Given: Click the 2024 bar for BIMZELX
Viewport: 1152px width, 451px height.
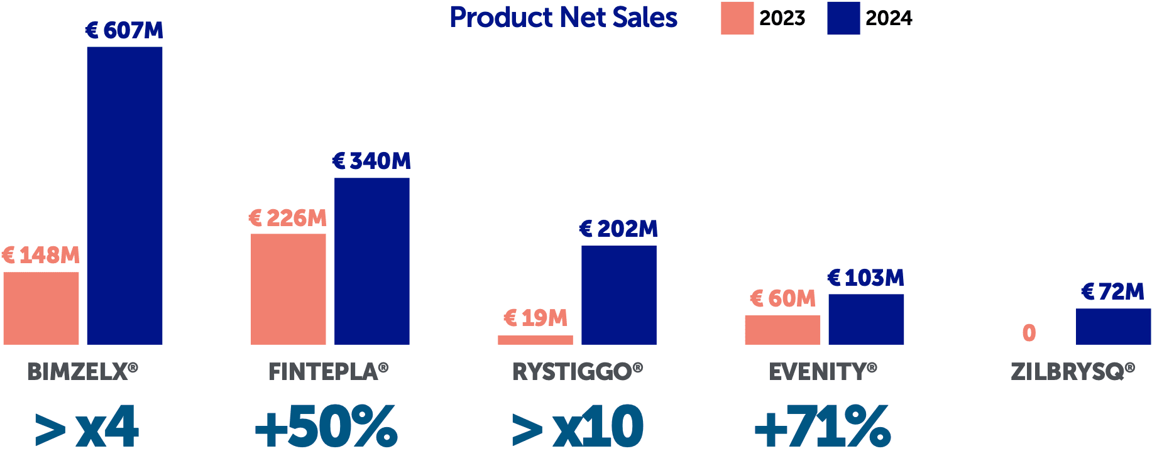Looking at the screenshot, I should click(x=124, y=195).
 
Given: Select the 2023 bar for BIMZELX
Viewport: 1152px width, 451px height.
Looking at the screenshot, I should click(x=41, y=308).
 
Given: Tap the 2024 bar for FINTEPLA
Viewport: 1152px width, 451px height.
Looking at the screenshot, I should click(x=371, y=261).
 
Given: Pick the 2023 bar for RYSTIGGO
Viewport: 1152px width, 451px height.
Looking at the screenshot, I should click(x=535, y=340).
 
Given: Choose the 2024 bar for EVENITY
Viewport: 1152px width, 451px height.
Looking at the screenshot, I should click(x=866, y=319).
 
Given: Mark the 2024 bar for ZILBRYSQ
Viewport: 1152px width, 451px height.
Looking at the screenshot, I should click(x=1113, y=326).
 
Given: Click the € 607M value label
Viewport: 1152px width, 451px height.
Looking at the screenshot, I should click(x=124, y=30).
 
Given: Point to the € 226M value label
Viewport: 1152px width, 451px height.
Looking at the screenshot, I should click(x=288, y=218).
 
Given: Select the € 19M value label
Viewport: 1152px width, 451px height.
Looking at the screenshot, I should click(x=535, y=318).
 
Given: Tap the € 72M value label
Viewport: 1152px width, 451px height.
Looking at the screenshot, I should click(x=1113, y=291).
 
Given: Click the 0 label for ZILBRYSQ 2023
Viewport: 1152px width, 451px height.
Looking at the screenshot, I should click(x=1029, y=332).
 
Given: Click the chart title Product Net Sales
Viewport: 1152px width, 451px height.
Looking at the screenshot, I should click(x=563, y=18).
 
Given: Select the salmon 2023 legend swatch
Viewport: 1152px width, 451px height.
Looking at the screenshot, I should click(x=737, y=18).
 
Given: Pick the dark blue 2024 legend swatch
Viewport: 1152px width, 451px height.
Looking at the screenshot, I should click(x=843, y=18).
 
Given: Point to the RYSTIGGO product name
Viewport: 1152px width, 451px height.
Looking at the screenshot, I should click(x=577, y=372).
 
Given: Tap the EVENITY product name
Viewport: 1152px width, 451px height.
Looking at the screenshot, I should click(x=823, y=372).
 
